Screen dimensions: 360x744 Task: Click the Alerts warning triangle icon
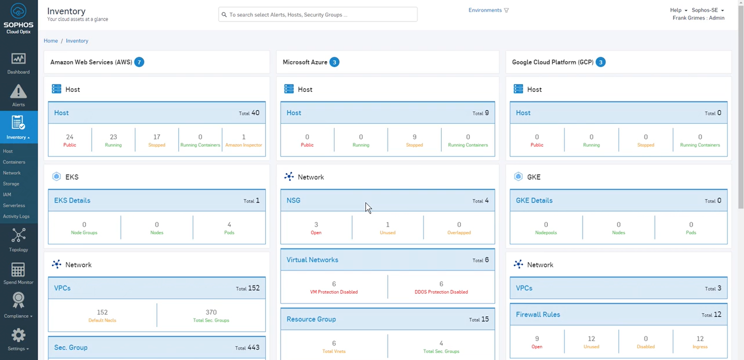(18, 92)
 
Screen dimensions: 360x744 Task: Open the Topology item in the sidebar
(18, 240)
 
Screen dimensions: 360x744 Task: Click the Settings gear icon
(18, 335)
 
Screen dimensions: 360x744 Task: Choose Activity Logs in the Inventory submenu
(16, 216)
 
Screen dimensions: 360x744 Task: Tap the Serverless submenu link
(14, 206)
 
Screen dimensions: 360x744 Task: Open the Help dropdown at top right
(678, 10)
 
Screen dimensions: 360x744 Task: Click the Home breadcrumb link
(50, 41)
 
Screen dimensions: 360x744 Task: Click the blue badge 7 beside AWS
(139, 62)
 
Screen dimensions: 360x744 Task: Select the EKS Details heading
(72, 201)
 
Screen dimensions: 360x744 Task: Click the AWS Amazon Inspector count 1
(244, 137)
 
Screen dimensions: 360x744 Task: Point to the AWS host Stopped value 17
(157, 137)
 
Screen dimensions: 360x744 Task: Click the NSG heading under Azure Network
(293, 201)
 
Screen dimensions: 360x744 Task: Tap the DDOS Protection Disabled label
(441, 292)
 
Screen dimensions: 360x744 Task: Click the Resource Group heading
(311, 319)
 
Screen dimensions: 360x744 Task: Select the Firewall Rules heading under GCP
(538, 315)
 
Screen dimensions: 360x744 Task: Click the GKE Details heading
(534, 201)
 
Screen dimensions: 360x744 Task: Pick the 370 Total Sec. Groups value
(211, 312)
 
